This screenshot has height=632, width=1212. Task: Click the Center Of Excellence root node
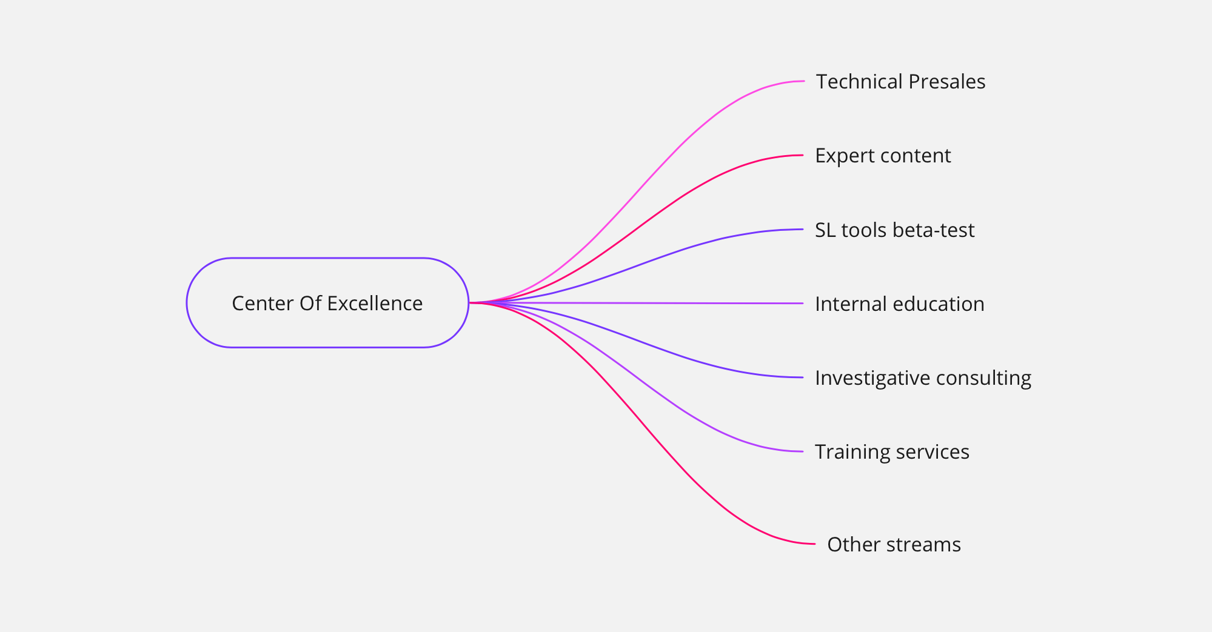point(327,303)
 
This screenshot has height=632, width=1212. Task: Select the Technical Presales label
point(900,82)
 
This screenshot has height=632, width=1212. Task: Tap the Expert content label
point(883,156)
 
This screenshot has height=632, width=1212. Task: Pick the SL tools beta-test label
point(894,230)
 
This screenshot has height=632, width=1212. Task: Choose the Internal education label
point(899,304)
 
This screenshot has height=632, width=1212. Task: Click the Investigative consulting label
point(923,378)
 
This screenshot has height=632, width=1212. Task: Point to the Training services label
point(892,452)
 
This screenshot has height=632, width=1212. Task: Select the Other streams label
point(894,545)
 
